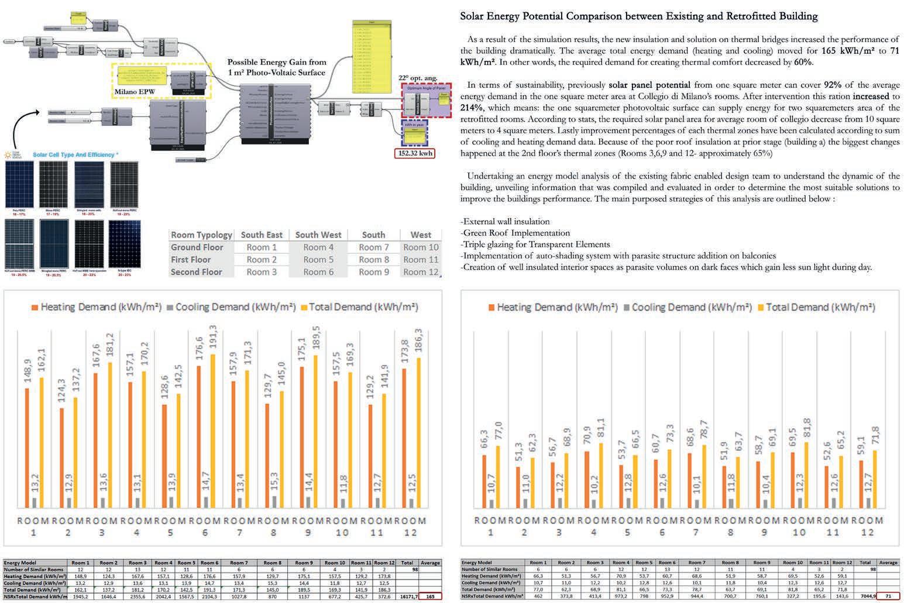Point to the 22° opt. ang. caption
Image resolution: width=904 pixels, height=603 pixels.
(418, 78)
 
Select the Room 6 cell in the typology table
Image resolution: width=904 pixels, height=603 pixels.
(318, 272)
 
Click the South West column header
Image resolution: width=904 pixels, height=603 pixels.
(318, 235)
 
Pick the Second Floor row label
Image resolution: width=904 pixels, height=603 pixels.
(196, 272)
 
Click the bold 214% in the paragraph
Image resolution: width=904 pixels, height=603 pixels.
(472, 108)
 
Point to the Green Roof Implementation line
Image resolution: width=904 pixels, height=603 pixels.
(515, 233)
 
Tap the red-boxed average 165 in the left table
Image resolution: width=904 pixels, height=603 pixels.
(430, 597)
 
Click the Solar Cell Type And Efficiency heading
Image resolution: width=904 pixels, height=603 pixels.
(75, 155)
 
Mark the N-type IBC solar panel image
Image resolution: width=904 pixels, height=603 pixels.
(124, 244)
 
